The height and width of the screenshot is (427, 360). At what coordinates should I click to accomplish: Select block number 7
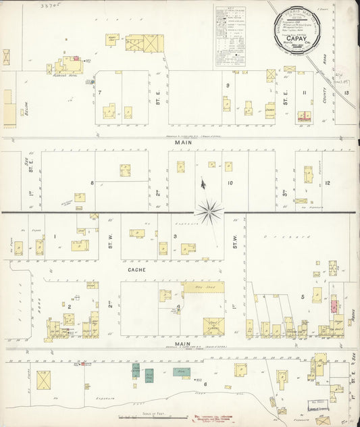(x=99, y=91)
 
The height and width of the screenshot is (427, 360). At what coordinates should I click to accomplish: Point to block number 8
(x=92, y=182)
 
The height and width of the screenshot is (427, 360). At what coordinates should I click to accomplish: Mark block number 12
(x=328, y=183)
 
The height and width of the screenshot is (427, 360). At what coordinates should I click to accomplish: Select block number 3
(x=175, y=236)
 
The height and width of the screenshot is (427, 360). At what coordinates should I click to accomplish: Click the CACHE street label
(x=133, y=270)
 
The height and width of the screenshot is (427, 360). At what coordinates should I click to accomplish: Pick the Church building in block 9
(x=270, y=109)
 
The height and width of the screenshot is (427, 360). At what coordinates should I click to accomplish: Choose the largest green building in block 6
(x=181, y=372)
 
